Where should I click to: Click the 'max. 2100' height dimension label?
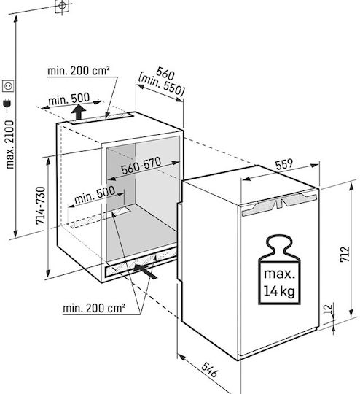click(10, 144)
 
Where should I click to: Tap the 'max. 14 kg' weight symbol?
click(279, 270)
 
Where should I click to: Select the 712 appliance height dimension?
click(345, 254)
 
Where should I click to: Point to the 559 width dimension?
click(284, 164)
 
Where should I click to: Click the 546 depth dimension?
click(209, 370)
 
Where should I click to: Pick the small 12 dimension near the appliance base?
click(328, 309)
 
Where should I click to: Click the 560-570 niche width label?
click(141, 166)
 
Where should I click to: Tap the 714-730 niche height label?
click(41, 205)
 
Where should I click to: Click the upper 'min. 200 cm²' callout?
click(79, 71)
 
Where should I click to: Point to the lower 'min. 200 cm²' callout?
click(94, 308)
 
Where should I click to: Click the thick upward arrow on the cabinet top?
click(79, 112)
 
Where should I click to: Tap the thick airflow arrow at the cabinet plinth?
click(145, 271)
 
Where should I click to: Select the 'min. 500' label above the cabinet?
click(69, 98)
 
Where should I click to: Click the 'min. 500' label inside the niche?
click(95, 195)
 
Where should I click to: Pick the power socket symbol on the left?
click(8, 86)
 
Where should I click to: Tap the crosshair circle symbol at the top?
click(62, 5)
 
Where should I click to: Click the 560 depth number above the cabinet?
click(165, 73)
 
